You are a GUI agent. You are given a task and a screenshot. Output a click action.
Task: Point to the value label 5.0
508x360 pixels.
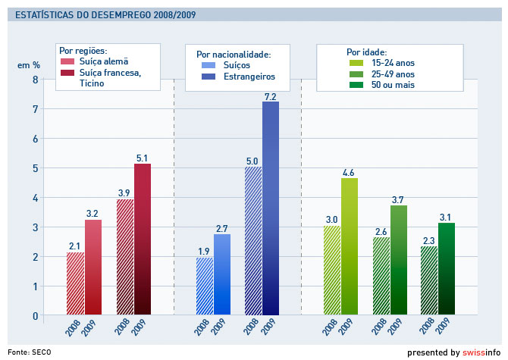tap(252, 161)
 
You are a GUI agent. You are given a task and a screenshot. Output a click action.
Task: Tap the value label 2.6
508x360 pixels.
tap(381, 231)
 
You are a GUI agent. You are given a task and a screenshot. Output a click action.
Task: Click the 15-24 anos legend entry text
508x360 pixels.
tap(393, 63)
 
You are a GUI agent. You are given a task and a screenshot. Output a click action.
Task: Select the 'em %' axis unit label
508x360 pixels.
tap(29, 65)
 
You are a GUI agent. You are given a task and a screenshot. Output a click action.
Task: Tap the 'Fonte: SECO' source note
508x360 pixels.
tap(30, 352)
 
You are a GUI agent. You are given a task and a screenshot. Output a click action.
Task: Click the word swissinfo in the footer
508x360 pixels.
tap(483, 352)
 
